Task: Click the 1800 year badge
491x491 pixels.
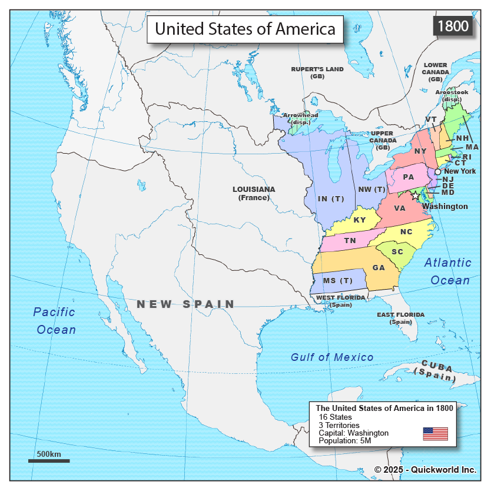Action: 453,26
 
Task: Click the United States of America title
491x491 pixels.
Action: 245,28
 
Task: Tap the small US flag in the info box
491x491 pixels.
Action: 435,434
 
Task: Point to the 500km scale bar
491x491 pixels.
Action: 49,460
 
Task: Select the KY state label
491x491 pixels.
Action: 360,220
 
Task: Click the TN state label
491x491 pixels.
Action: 350,240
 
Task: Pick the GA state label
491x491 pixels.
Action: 378,267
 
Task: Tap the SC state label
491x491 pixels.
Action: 397,251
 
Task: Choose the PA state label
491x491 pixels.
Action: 409,177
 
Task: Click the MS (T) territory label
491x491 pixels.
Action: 337,280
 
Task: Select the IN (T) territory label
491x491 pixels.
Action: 331,198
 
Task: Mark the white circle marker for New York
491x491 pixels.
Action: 437,171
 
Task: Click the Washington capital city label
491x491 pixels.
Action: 445,207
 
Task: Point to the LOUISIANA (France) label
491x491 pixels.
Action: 254,193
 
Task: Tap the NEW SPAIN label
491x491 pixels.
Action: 185,304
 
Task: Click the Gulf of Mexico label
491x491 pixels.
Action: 332,357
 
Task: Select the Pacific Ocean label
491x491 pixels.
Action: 55,321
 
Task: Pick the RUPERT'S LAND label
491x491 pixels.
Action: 317,72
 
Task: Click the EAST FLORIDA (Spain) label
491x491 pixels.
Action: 400,318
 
